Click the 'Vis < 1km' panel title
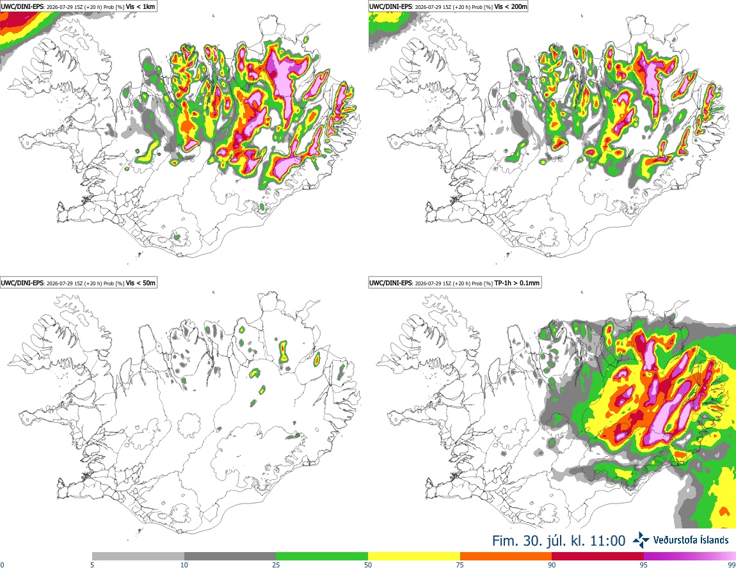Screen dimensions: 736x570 pyautogui.click(x=141, y=6)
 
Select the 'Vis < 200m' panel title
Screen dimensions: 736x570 pyautogui.click(x=511, y=6)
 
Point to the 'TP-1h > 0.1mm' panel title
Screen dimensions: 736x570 pyautogui.click(x=517, y=283)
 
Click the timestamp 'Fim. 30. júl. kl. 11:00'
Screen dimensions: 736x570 pyautogui.click(x=559, y=541)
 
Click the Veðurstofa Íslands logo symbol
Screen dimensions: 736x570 pyautogui.click(x=641, y=540)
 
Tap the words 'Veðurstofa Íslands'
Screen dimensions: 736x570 pyautogui.click(x=691, y=540)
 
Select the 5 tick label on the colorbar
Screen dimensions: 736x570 pyautogui.click(x=92, y=565)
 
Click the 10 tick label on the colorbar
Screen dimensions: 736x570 pyautogui.click(x=184, y=565)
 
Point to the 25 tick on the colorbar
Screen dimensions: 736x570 pyautogui.click(x=276, y=565)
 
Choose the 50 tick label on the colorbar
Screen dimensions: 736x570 pyautogui.click(x=368, y=565)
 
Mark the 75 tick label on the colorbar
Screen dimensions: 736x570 pyautogui.click(x=460, y=565)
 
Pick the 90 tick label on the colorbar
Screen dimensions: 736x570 pyautogui.click(x=552, y=565)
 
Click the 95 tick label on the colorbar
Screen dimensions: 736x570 pyautogui.click(x=644, y=565)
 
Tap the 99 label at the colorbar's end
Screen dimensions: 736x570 pyautogui.click(x=732, y=565)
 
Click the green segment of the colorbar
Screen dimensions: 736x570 pyautogui.click(x=322, y=557)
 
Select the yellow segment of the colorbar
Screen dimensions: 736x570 pyautogui.click(x=414, y=557)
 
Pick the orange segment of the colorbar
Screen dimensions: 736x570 pyautogui.click(x=506, y=557)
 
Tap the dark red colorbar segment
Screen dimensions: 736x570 pyautogui.click(x=598, y=557)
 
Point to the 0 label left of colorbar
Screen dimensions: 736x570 pyautogui.click(x=2, y=565)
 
